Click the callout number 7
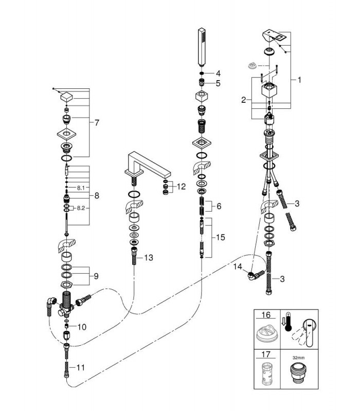97,122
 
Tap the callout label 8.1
81,188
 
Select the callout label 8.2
81,208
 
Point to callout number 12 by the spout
181,186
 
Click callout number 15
221,237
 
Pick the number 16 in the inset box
266,314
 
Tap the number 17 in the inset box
266,354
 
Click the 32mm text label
299,358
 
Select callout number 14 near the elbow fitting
238,267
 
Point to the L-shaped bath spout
148,166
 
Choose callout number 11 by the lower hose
81,367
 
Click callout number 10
82,327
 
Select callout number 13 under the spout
149,258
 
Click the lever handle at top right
274,37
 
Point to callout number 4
218,73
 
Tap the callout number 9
96,276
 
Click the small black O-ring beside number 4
202,73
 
